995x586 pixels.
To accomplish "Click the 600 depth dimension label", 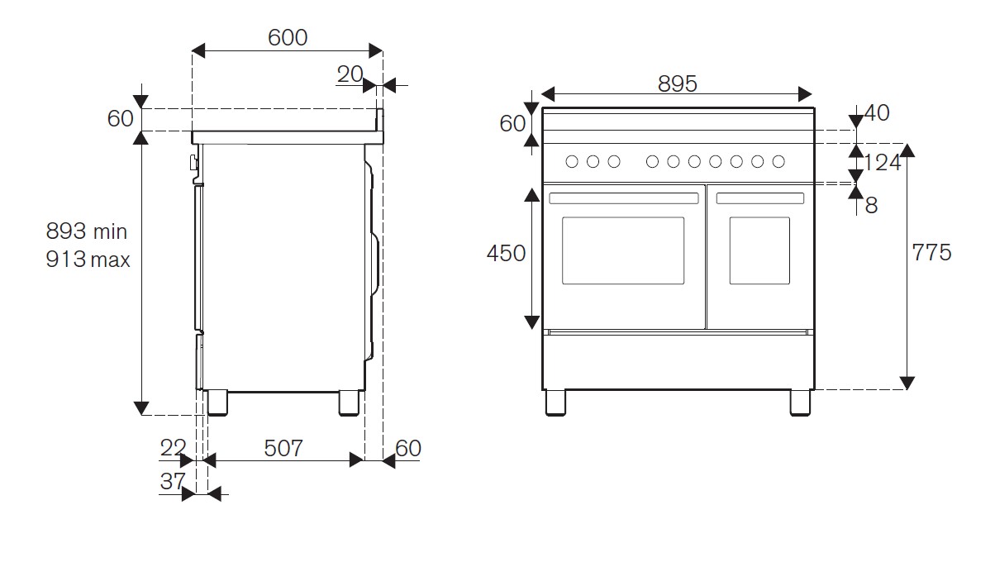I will coord(288,37).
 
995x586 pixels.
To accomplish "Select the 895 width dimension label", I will coord(678,83).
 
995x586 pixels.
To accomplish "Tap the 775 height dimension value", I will coord(932,252).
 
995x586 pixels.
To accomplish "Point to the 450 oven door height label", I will coord(506,253).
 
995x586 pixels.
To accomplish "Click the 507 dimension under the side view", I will coord(283,449).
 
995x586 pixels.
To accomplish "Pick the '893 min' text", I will coord(87,231).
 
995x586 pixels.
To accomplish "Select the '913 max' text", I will coord(88,260).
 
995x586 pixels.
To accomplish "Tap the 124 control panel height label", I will coord(882,163).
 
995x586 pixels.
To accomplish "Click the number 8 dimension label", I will coord(871,206).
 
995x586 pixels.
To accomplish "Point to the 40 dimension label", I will coord(876,113).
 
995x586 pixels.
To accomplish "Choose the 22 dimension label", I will coord(173,449).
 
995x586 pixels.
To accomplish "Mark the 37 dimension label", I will coord(172,481).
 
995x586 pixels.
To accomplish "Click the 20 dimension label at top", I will coord(350,74).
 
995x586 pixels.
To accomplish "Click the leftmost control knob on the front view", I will coord(572,162).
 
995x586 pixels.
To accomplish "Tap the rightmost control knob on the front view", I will coord(778,162).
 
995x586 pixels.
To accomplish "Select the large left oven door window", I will coord(623,250).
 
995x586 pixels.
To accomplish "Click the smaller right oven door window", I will coord(759,250).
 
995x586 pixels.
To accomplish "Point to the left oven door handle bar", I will coord(623,198).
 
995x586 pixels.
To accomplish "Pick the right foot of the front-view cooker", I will coord(800,402).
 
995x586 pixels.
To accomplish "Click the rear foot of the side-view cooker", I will coord(350,402).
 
